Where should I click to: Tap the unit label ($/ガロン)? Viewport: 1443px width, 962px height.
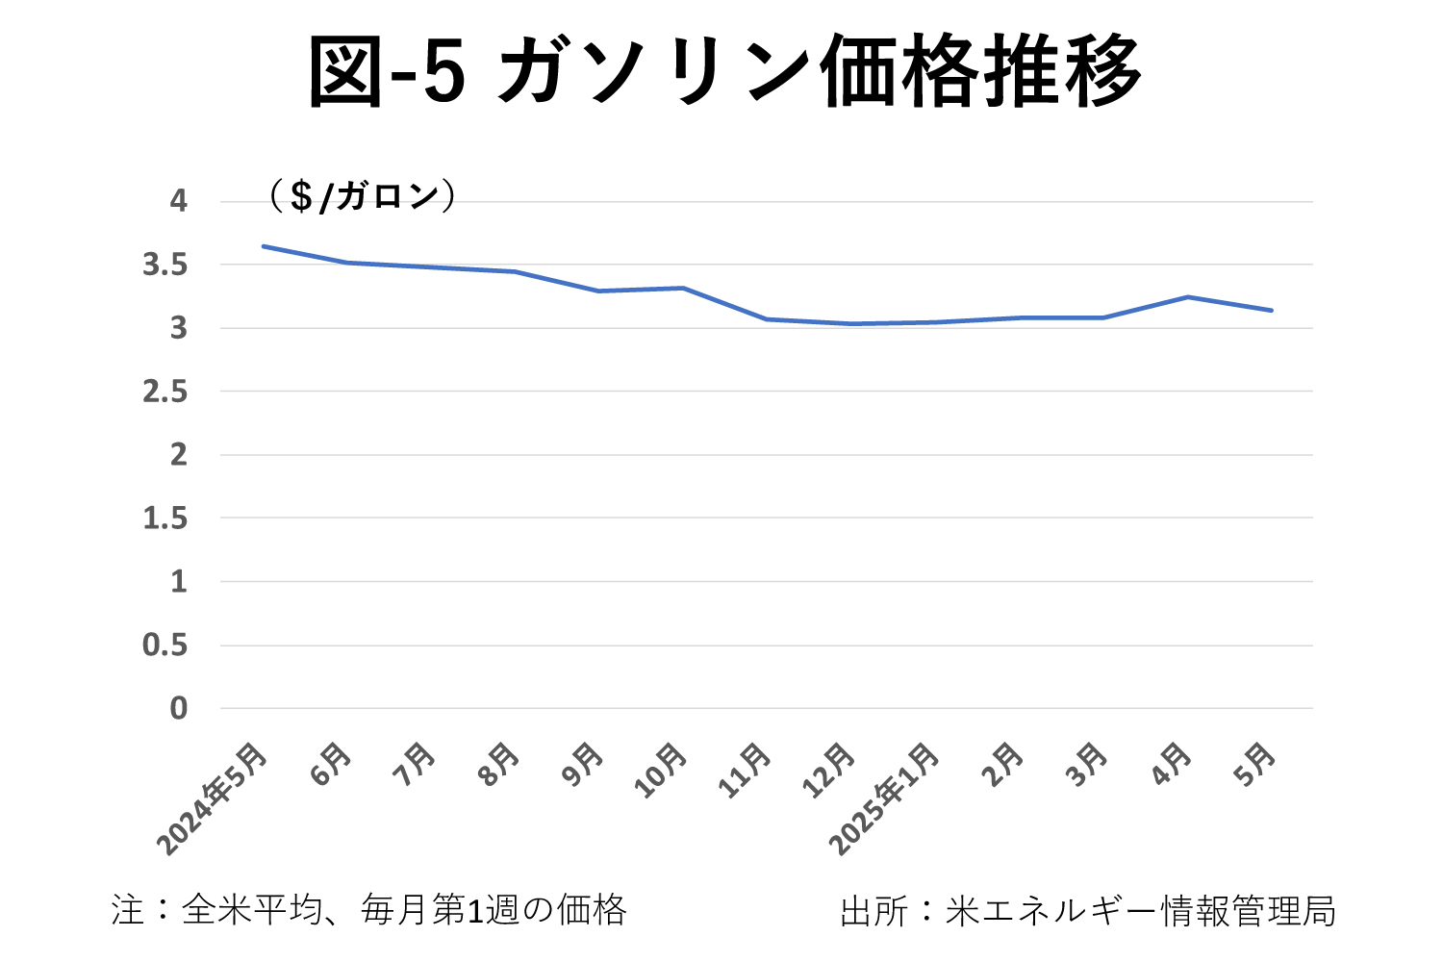362,196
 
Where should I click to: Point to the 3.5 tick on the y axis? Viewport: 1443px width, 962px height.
165,265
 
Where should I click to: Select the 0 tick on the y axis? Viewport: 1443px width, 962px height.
178,709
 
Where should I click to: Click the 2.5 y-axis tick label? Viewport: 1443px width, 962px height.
165,392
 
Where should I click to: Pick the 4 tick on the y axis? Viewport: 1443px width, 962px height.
178,201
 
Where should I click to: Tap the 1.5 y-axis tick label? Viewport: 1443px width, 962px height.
165,519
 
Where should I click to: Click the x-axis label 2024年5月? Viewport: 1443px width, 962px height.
214,798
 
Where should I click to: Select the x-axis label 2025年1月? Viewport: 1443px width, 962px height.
885,798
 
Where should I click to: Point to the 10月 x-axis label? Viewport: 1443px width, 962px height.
661,772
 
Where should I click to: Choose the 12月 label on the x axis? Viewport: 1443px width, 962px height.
829,772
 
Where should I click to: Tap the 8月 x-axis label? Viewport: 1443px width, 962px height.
500,766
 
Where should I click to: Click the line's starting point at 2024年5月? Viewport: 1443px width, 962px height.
263,246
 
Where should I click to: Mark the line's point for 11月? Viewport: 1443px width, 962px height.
767,318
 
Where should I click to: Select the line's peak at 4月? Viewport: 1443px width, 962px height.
1187,296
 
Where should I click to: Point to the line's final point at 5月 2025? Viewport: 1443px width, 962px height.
1272,310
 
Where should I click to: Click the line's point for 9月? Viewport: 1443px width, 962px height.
598,291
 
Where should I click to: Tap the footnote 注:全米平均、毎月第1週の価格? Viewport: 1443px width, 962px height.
369,910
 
